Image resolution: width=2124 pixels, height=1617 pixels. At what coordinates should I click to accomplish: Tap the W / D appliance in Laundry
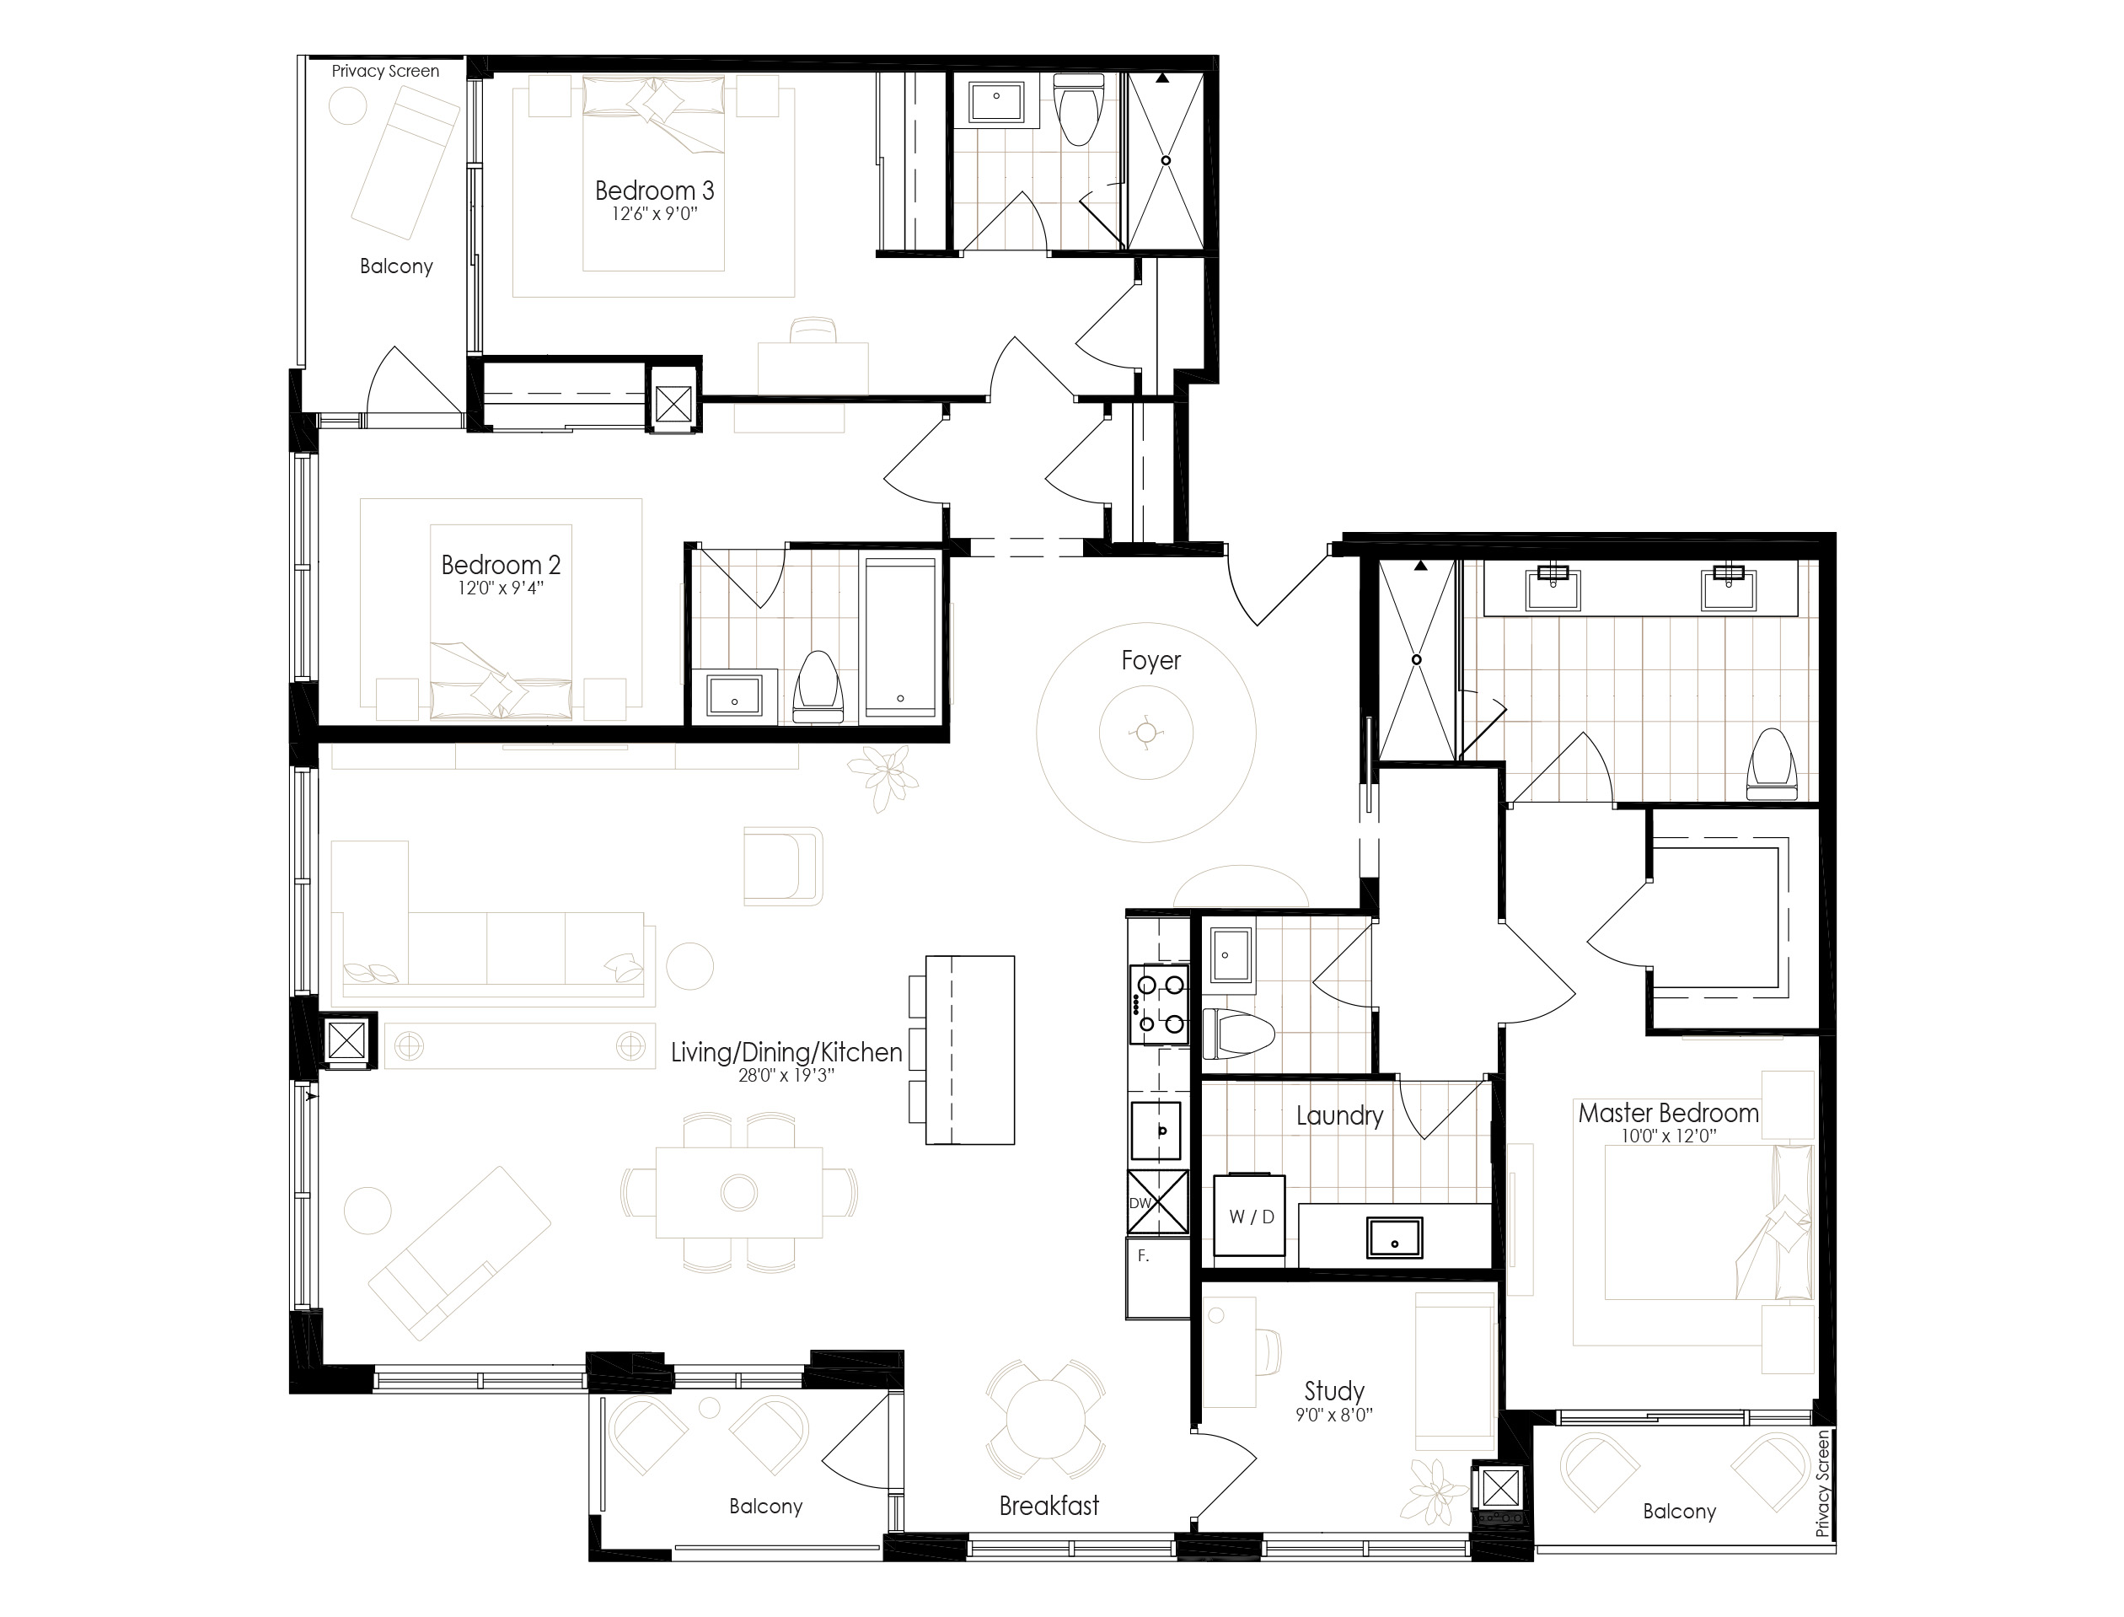(x=1250, y=1215)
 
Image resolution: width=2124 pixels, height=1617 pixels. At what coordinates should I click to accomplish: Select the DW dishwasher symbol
(x=1158, y=1202)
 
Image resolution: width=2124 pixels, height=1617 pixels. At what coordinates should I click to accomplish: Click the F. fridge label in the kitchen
(x=1143, y=1256)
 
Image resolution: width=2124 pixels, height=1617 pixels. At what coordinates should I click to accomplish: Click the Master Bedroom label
(x=1668, y=1114)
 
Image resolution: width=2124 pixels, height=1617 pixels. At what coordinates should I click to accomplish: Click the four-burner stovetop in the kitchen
(x=1160, y=1005)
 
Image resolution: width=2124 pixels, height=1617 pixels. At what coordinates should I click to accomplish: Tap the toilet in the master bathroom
(x=1772, y=766)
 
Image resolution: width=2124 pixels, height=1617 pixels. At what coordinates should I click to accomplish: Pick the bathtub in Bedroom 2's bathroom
(x=900, y=637)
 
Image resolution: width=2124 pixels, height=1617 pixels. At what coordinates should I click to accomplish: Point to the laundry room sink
(x=1394, y=1238)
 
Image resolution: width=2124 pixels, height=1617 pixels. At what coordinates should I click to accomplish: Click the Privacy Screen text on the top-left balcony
(x=385, y=71)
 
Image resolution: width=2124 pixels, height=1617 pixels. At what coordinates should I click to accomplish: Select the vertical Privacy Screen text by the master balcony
(x=1821, y=1483)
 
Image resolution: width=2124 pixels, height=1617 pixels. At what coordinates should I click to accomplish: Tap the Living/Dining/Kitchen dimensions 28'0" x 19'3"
(x=786, y=1076)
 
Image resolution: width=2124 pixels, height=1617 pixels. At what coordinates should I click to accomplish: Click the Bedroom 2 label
(x=501, y=565)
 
